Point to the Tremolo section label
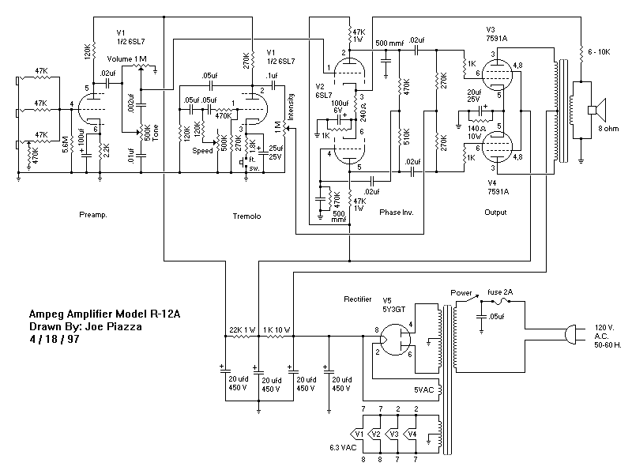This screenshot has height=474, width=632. [247, 215]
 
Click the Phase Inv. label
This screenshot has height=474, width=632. [397, 213]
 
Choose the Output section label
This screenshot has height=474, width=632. [495, 213]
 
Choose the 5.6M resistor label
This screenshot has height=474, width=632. [66, 147]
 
